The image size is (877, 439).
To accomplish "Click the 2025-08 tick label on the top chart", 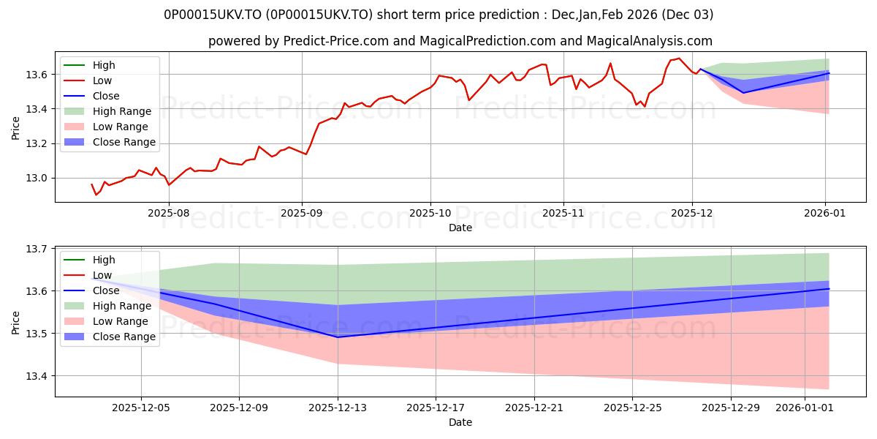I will (169, 212).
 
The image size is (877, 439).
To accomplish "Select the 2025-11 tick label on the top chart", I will (563, 212).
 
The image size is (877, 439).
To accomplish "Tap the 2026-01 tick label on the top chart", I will (826, 212).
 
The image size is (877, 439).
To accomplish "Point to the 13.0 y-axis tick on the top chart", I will (38, 178).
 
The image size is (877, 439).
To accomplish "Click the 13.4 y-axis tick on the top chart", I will (38, 109).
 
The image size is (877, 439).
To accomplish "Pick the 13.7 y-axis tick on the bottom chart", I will (38, 249).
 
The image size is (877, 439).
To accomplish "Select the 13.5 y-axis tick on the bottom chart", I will (38, 334).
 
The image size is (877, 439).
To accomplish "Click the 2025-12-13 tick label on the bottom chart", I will (338, 407).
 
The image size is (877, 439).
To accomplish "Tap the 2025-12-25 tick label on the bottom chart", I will (632, 407).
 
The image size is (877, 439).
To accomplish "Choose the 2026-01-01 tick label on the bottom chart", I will (804, 407).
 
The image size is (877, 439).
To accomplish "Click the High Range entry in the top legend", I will (121, 111).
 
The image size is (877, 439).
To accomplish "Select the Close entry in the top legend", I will (106, 96).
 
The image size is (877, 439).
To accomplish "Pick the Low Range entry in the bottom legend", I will (121, 321).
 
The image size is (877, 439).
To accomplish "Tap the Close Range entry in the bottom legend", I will (124, 337).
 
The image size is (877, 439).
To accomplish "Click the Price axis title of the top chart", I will (16, 127).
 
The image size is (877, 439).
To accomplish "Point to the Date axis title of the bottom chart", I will (460, 422).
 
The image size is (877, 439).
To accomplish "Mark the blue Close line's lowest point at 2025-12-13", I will (338, 337).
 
